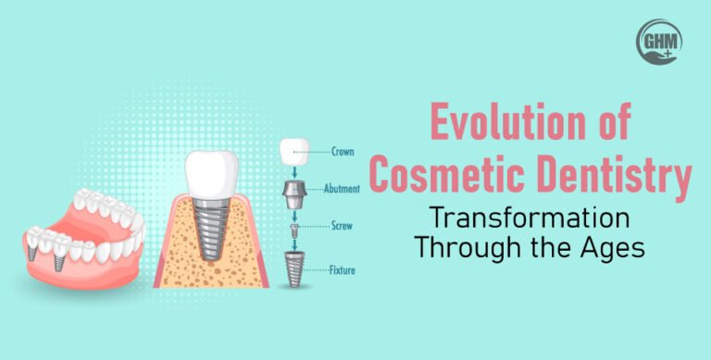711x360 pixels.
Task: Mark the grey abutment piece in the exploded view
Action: (295, 194)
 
